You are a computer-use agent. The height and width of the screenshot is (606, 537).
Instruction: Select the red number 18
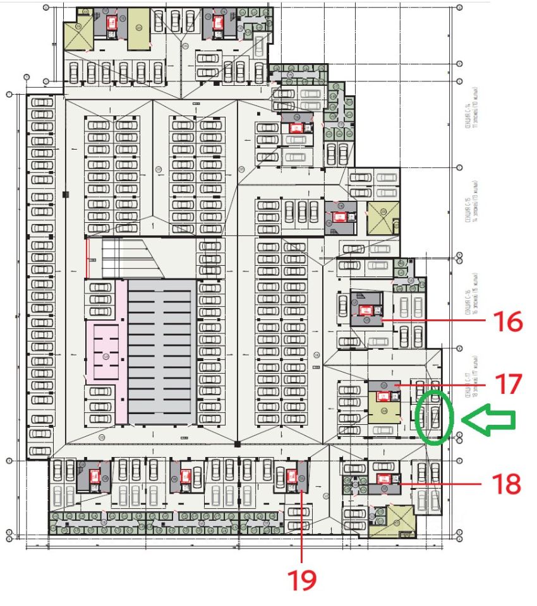coord(507,484)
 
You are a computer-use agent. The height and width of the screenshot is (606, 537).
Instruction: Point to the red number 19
coord(302,579)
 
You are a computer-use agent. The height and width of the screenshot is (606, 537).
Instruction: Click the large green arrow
coord(490,418)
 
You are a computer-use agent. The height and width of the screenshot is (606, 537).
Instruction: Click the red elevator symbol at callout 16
coord(365,310)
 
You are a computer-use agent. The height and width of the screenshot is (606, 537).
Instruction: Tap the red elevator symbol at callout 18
coord(383,478)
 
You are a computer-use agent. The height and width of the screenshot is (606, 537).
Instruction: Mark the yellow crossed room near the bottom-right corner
coord(394,520)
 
